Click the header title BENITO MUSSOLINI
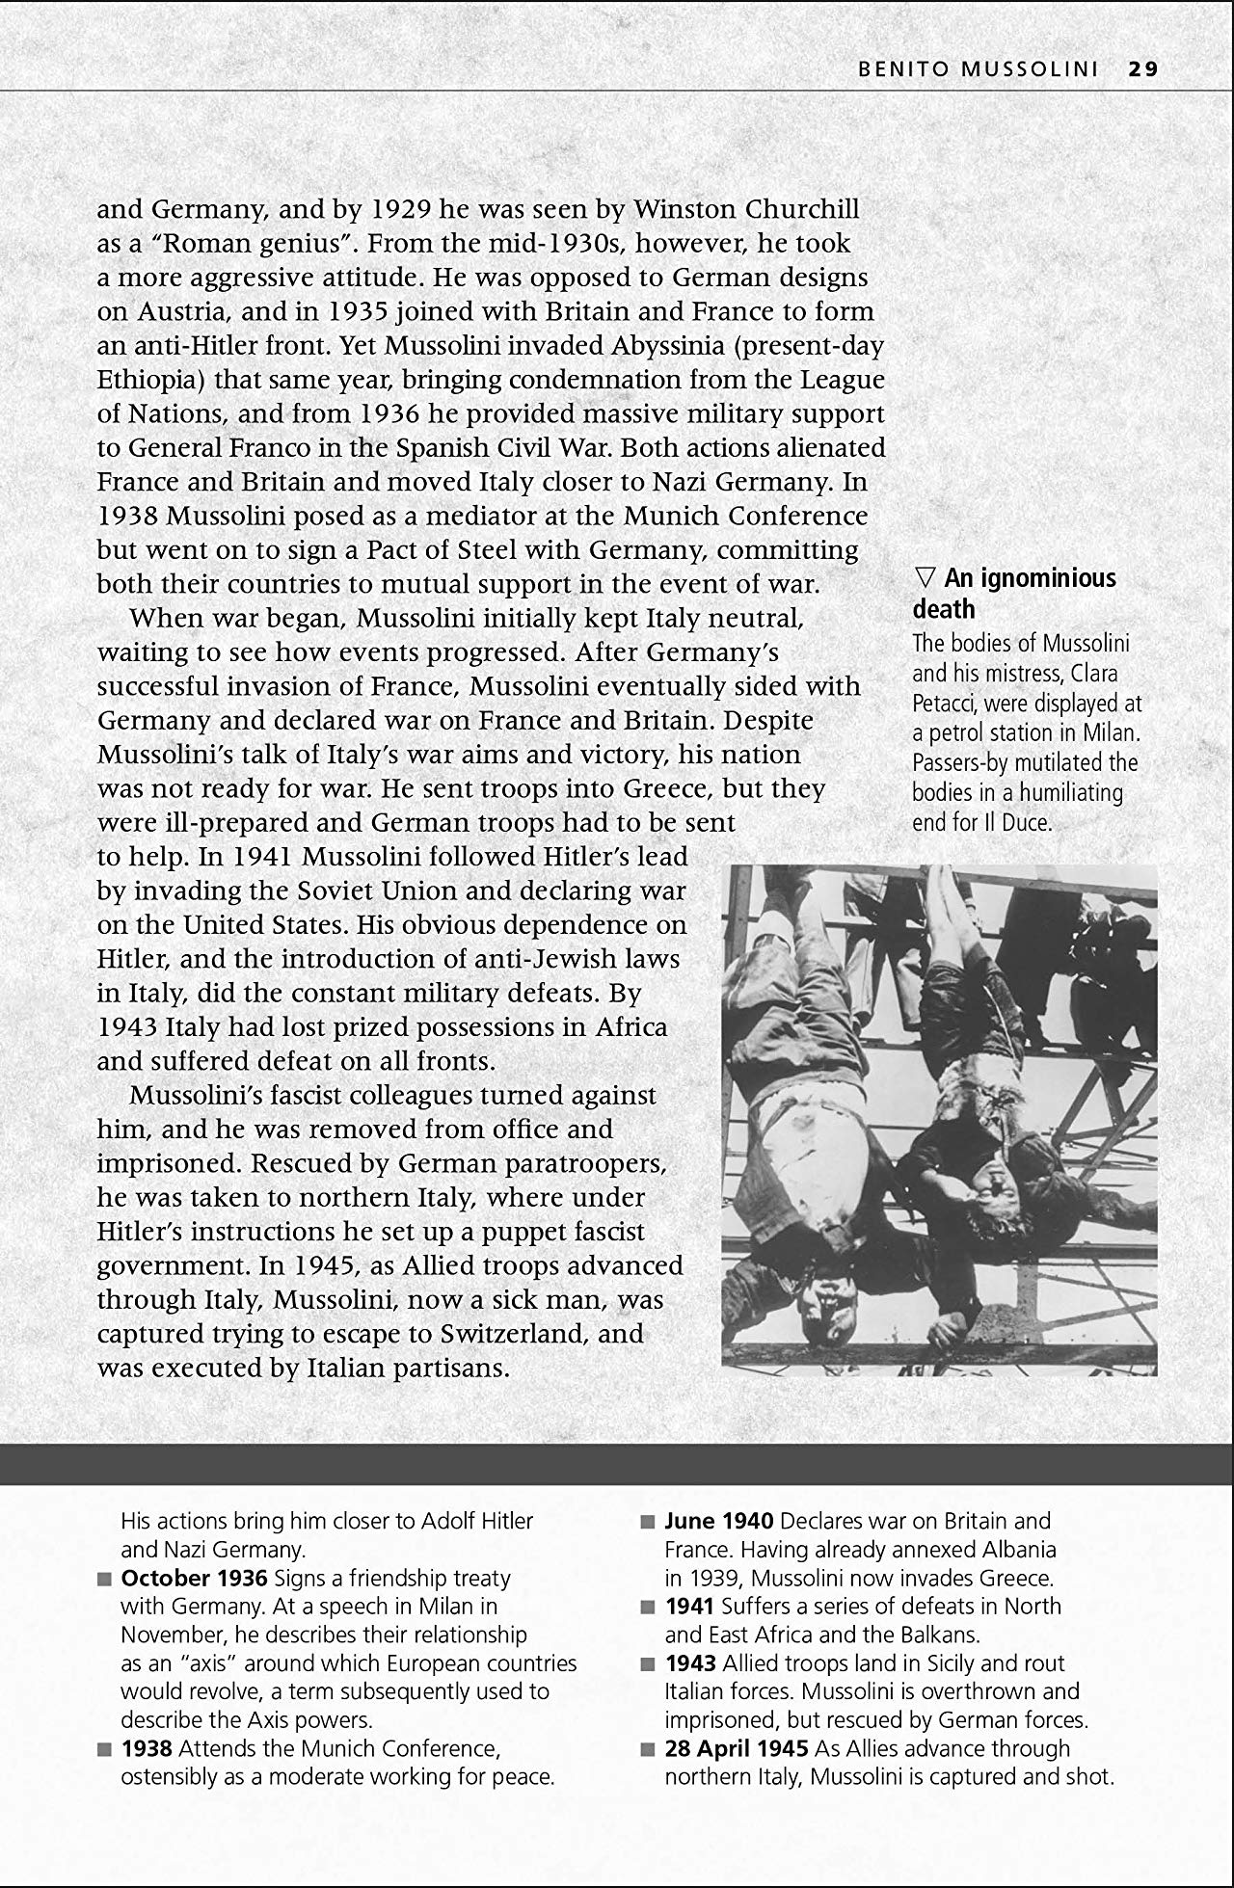(x=978, y=69)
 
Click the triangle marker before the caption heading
(x=925, y=578)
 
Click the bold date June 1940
(x=719, y=1522)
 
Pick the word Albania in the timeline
(x=1018, y=1550)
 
